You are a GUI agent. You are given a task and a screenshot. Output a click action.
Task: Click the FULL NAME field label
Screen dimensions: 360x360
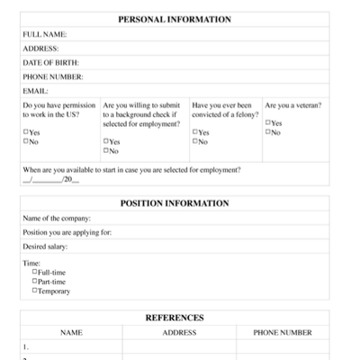(x=44, y=34)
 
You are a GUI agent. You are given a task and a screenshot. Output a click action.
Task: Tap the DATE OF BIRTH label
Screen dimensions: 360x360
(x=50, y=62)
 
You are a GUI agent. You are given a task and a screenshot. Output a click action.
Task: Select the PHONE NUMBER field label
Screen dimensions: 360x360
(x=53, y=76)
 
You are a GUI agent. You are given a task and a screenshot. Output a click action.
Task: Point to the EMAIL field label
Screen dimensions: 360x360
(x=35, y=91)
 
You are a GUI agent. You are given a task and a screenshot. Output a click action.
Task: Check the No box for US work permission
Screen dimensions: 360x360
(x=25, y=141)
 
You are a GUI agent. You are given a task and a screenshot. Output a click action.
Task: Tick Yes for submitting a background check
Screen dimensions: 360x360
(x=105, y=141)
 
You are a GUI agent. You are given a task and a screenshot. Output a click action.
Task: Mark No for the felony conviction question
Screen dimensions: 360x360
(x=194, y=141)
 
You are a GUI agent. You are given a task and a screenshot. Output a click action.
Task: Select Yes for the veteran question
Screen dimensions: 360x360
(x=268, y=124)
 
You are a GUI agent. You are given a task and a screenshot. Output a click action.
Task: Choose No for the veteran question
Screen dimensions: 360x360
(x=268, y=133)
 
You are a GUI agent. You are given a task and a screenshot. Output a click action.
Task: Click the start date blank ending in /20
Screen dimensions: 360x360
(x=50, y=180)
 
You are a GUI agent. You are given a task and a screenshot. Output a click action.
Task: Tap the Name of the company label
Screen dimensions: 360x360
(x=57, y=218)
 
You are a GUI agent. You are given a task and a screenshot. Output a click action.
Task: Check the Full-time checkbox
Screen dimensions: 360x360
(x=35, y=272)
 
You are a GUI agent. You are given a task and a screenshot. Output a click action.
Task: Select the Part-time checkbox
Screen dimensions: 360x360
(x=35, y=282)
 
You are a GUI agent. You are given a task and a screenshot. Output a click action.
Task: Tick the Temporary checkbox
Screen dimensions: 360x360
(x=35, y=291)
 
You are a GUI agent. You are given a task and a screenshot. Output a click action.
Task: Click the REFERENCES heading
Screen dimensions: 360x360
(x=175, y=318)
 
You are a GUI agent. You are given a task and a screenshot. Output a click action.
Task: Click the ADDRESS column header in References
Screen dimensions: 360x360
(x=179, y=332)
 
